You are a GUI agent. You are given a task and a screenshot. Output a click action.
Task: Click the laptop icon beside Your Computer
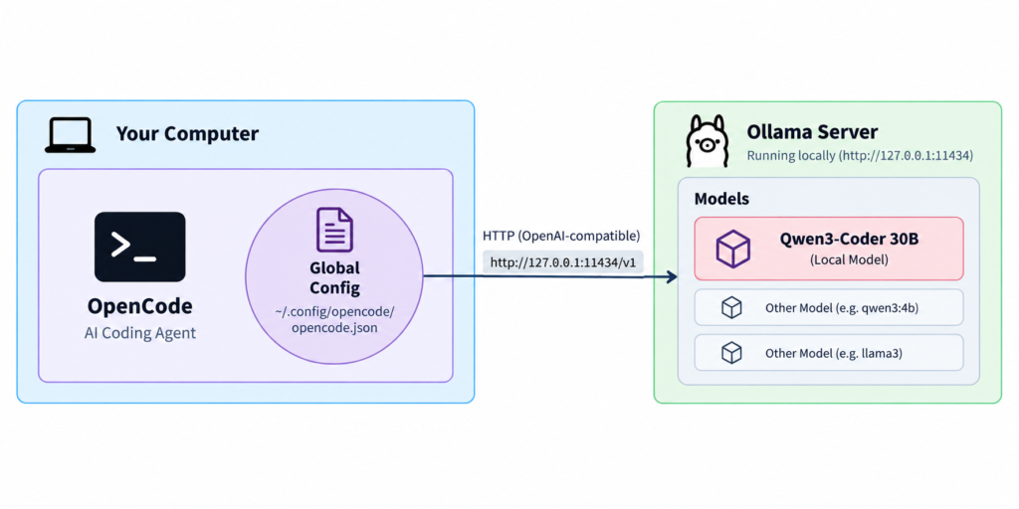pos(71,135)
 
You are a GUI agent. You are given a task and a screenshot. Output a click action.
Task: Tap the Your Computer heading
pos(187,134)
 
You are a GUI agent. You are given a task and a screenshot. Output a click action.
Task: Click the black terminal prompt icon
pos(139,247)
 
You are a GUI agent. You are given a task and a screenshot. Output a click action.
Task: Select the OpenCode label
pos(139,306)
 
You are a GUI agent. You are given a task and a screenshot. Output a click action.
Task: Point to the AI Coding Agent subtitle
pos(139,334)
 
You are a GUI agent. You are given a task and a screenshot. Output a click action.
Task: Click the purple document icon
pos(334,230)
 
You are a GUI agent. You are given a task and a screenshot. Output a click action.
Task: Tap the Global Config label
pos(334,277)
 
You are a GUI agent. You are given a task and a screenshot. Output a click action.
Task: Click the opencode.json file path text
pos(334,319)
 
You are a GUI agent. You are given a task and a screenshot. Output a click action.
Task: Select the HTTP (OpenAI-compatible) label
pos(561,235)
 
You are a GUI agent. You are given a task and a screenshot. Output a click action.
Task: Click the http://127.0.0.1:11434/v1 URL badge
pos(563,262)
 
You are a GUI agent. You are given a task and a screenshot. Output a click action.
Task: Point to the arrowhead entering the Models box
pos(671,276)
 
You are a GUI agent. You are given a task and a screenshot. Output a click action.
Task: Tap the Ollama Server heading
pos(812,132)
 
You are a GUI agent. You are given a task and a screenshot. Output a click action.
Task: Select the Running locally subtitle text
pos(860,156)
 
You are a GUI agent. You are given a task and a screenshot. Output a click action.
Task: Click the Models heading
pos(721,199)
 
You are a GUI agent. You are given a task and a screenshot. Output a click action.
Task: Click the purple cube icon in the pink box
pos(733,248)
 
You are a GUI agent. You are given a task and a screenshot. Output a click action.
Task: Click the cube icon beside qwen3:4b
pos(731,307)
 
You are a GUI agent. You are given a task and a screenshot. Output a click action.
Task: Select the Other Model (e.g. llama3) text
pos(833,354)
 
